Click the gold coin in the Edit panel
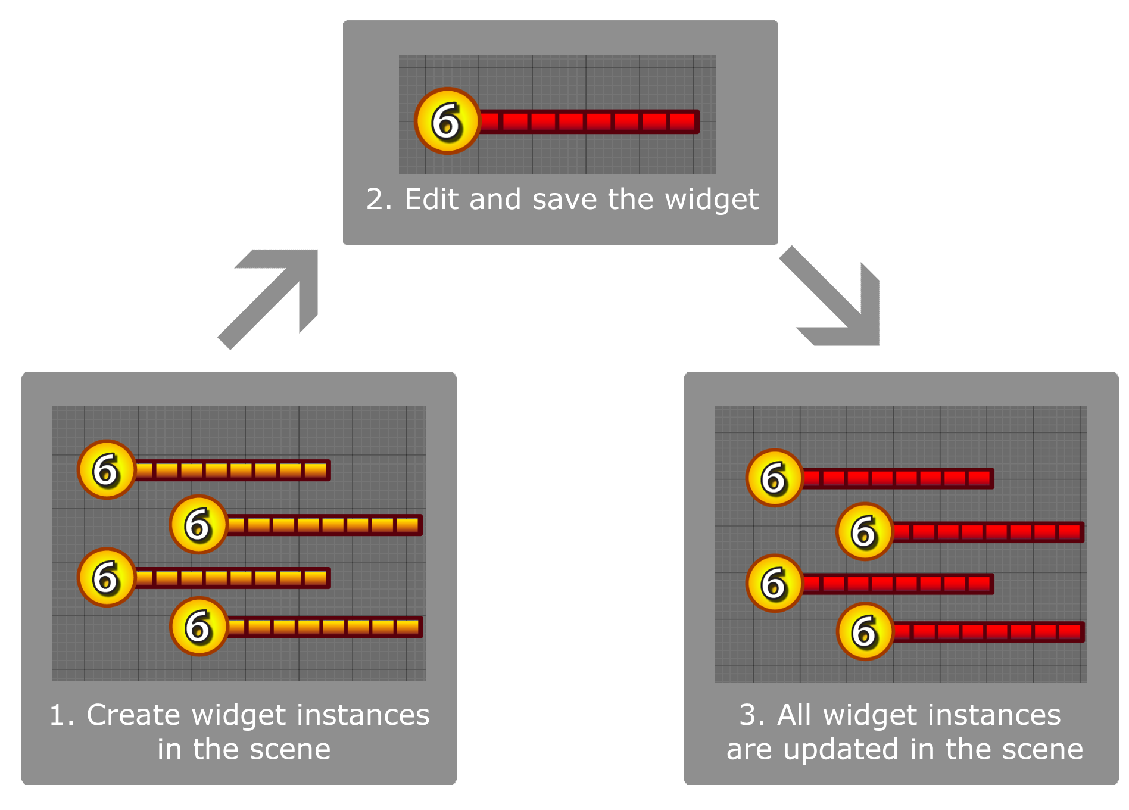tap(447, 121)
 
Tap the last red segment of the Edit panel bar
tap(682, 121)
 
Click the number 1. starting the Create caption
tap(62, 715)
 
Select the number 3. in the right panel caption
tap(752, 715)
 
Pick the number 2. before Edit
tap(379, 199)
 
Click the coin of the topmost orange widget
tap(107, 470)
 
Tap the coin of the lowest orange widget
tap(199, 627)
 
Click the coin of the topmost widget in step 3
tap(775, 478)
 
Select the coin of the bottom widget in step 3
tap(865, 631)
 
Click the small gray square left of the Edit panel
tap(268, 300)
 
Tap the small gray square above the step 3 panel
tap(829, 296)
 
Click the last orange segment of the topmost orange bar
tap(316, 471)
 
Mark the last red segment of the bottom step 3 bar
tap(1069, 631)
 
